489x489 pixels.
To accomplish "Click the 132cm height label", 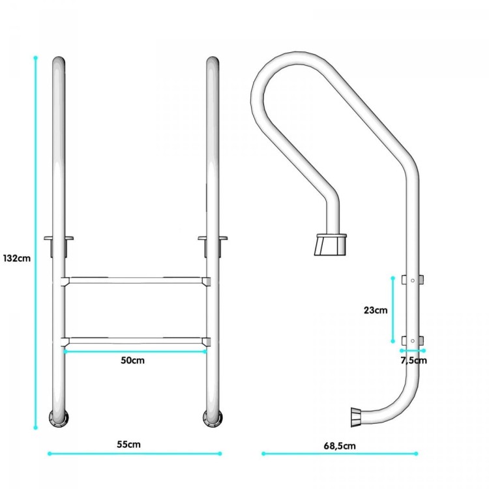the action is coord(17,258).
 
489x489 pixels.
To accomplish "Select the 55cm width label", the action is coord(129,444).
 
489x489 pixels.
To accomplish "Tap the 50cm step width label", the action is coord(133,360).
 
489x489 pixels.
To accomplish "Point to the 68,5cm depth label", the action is coord(340,446).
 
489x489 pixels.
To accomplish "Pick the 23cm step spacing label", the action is coord(376,310).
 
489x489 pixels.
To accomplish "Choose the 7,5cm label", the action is coord(413,360).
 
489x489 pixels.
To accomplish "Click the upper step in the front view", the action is coord(136,280).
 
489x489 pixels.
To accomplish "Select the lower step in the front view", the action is coord(136,341).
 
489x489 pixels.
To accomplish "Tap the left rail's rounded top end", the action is coord(59,62).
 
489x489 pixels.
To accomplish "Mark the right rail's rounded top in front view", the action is coord(213,62).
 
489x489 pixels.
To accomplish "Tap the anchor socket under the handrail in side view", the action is coord(331,244).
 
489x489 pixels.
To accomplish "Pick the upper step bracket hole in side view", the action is coord(413,280).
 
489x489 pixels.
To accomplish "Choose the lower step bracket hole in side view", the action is coord(413,341).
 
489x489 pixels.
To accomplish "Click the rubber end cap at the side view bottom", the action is coord(356,417).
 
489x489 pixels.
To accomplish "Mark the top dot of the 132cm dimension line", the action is coord(36,57).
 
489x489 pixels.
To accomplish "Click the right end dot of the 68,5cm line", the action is coord(416,453).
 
